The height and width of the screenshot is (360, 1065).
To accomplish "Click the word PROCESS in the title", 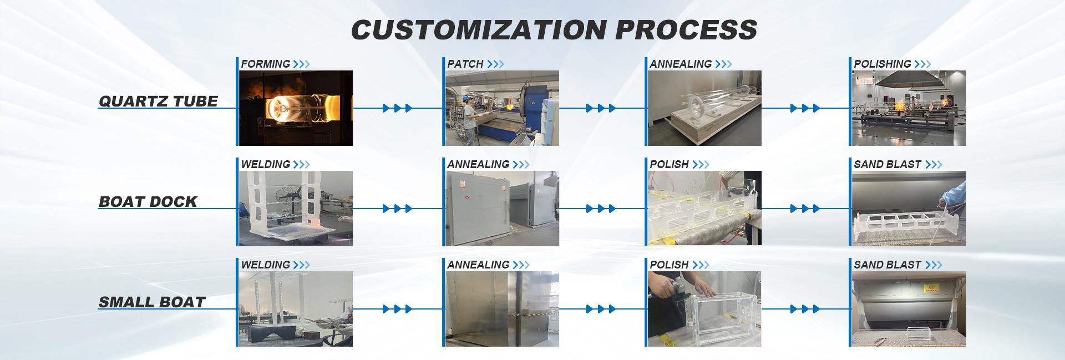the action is coord(686,29).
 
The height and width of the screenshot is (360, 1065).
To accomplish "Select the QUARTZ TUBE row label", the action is coord(158,102).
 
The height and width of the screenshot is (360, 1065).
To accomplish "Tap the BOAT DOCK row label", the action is coord(148,202).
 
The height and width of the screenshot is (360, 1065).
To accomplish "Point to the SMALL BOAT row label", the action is coord(152,302).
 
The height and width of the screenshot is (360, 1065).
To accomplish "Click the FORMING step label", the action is coord(265,64).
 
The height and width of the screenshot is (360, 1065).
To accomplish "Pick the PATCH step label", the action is coord(465,64).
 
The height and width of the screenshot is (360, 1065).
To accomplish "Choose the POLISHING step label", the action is coord(882,64).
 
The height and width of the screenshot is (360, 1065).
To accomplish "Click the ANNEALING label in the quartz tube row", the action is coord(681,64).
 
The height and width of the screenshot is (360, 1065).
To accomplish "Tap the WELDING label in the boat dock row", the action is coord(265,164).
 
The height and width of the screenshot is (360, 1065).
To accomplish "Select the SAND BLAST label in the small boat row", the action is coord(887,265).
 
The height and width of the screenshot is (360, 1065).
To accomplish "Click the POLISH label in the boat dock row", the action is coord(669,164).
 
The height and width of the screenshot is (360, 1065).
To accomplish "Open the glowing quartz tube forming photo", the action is coord(295,108).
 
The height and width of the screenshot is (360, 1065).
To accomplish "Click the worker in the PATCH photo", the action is coord(471,111).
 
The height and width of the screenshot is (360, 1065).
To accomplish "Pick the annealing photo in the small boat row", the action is coord(501,309).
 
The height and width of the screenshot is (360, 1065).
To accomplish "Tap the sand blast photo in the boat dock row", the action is coord(907,209).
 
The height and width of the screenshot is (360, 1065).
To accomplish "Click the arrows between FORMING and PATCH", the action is coord(397,108).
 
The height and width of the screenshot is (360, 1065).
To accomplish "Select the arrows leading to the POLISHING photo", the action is coord(805,108).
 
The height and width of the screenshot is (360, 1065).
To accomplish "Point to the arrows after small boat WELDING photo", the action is coord(397,309).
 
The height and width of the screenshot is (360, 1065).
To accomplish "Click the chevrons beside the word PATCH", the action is coord(495,64).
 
